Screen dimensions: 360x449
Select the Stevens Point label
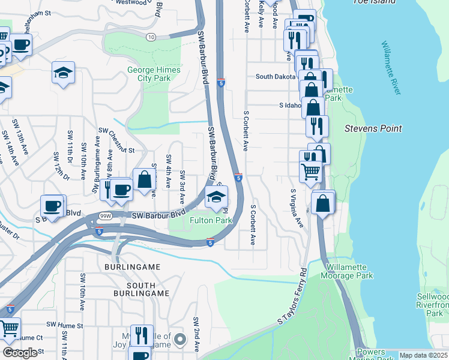point(373,128)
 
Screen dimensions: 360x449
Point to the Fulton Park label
point(211,220)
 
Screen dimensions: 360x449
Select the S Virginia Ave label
point(297,208)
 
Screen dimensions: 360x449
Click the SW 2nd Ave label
point(196,335)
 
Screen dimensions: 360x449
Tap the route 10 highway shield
point(151,37)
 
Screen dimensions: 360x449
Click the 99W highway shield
point(106,216)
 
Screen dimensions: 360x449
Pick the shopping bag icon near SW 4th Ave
point(145,179)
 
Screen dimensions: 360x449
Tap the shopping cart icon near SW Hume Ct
point(9,328)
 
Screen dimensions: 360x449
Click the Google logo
point(20,353)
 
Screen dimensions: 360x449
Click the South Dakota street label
point(277,77)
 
